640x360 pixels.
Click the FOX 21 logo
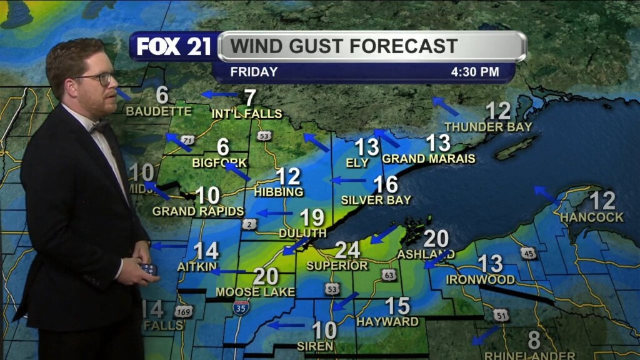click(x=174, y=47)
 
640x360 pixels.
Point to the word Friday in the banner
click(x=254, y=72)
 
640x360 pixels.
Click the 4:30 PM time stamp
click(x=475, y=72)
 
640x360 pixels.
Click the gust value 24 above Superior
click(x=347, y=250)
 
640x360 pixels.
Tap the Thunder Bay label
click(x=488, y=127)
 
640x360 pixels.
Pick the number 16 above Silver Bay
click(x=386, y=184)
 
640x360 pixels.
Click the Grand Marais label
click(x=429, y=159)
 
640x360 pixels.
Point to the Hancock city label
click(x=592, y=217)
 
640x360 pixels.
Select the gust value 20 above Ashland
click(x=436, y=239)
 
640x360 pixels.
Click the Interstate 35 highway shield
click(x=241, y=307)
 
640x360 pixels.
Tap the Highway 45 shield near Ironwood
click(x=528, y=253)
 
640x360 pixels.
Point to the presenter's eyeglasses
click(x=99, y=79)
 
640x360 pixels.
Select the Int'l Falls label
click(x=247, y=114)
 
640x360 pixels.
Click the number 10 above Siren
click(x=324, y=329)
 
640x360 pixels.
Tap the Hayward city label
click(x=387, y=322)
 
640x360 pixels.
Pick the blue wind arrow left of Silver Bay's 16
click(x=348, y=181)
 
